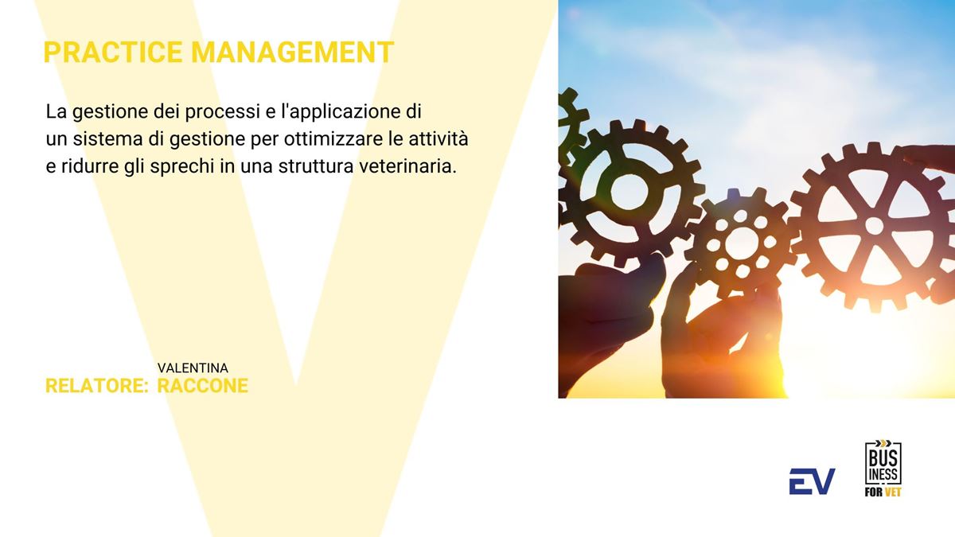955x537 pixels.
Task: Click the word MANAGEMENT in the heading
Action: (x=292, y=53)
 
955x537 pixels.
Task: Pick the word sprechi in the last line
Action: (x=182, y=166)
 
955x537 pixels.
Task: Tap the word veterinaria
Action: (x=407, y=166)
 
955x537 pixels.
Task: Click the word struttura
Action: (x=316, y=166)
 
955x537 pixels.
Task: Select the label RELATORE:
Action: (x=97, y=386)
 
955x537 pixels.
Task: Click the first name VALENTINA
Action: (x=193, y=368)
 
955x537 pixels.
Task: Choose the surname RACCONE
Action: (x=202, y=386)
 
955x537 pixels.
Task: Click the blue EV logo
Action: (x=812, y=481)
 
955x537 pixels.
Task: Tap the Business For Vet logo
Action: (x=883, y=468)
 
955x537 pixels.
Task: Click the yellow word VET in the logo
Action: (x=892, y=492)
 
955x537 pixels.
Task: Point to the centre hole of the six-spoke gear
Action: (x=874, y=225)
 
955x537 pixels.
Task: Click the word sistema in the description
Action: (x=107, y=139)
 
